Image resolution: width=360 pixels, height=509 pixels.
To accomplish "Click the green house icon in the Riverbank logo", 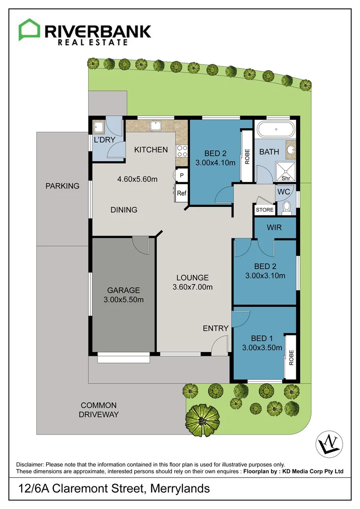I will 29,30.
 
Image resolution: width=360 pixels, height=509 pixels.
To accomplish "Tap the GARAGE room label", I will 123,290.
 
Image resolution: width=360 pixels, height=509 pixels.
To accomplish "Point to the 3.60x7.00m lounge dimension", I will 192,287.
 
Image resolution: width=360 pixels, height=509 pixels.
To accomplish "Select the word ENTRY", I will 215,328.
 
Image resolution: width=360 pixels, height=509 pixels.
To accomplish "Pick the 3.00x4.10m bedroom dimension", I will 215,164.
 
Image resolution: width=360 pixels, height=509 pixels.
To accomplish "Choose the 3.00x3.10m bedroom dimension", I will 265,276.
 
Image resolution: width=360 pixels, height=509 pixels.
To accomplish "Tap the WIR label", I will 274,228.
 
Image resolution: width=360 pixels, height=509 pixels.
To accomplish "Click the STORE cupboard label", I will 264,210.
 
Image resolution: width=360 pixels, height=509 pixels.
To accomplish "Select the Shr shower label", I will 285,179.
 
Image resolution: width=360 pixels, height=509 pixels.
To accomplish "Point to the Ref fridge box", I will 181,193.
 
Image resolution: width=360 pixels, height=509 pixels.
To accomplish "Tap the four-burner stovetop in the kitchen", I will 182,151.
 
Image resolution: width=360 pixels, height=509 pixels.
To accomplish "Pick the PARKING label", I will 62,186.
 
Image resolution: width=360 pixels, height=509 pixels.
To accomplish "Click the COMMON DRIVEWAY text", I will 98,410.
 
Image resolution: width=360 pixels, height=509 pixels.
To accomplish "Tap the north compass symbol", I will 328,443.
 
